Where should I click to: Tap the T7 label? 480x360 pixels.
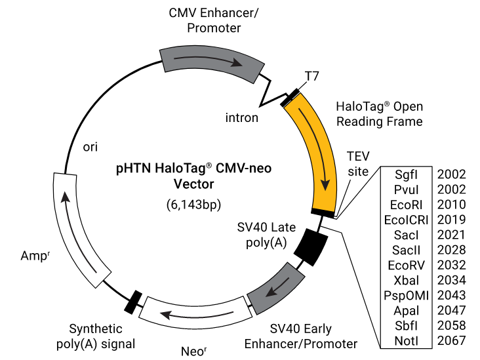tap(312, 76)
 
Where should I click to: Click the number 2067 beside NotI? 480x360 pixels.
tap(452, 340)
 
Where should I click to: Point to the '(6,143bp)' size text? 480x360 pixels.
tap(193, 205)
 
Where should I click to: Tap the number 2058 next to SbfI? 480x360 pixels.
tap(452, 325)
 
